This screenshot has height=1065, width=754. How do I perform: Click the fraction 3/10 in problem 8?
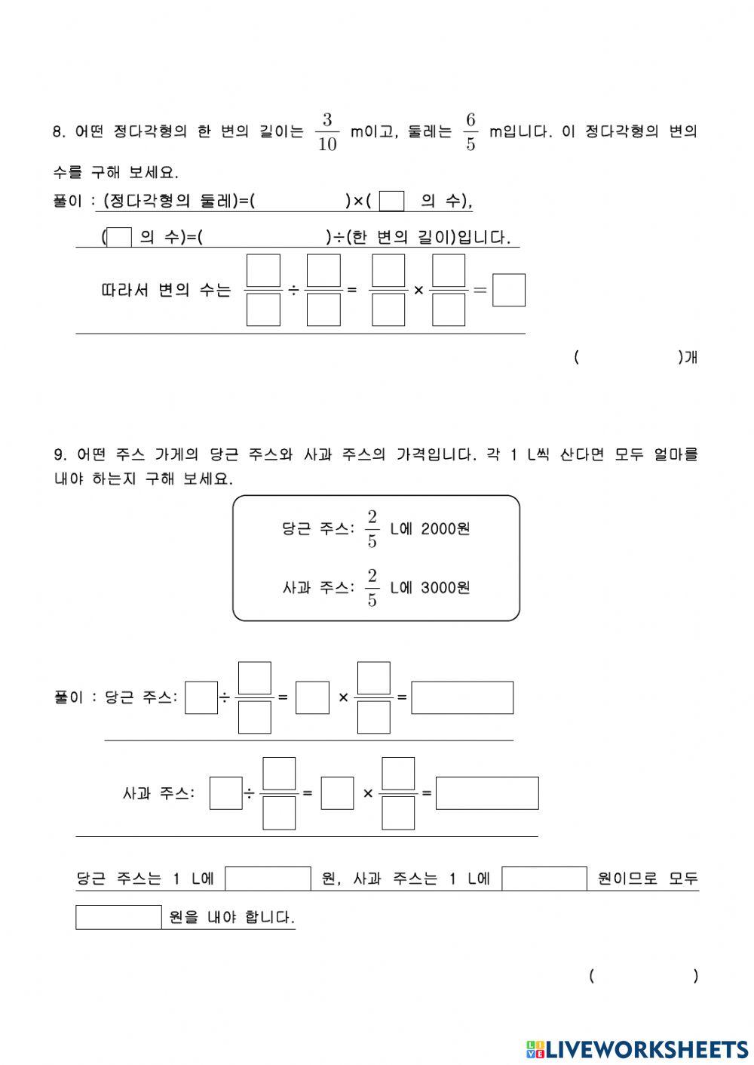(x=326, y=132)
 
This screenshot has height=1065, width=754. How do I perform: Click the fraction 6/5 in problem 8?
(x=470, y=132)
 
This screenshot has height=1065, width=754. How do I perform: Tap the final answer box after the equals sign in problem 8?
(x=508, y=291)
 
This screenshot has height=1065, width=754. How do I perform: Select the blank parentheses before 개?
(x=628, y=358)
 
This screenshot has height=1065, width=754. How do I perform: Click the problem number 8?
(x=59, y=132)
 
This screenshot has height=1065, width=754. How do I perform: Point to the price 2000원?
(x=446, y=529)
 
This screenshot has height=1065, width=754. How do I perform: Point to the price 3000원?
(x=446, y=587)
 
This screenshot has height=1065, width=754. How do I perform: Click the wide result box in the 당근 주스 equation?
(x=462, y=697)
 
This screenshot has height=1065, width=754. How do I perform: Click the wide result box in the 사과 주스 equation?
(x=487, y=793)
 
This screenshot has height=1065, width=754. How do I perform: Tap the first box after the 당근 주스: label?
(x=201, y=697)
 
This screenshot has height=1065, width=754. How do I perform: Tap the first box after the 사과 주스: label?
(x=225, y=793)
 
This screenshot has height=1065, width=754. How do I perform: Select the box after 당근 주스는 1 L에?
(x=268, y=879)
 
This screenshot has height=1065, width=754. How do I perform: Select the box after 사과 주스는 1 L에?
(x=544, y=879)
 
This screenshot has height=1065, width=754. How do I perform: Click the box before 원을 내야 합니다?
(x=118, y=917)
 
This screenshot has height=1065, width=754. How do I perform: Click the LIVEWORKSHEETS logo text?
(x=646, y=1048)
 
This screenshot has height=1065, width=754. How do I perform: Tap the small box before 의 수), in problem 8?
(x=391, y=202)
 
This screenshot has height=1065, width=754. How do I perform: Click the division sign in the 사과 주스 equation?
(x=249, y=793)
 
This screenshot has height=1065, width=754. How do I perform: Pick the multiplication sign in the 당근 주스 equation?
(x=343, y=697)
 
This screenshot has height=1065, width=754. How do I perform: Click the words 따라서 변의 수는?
(x=166, y=291)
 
